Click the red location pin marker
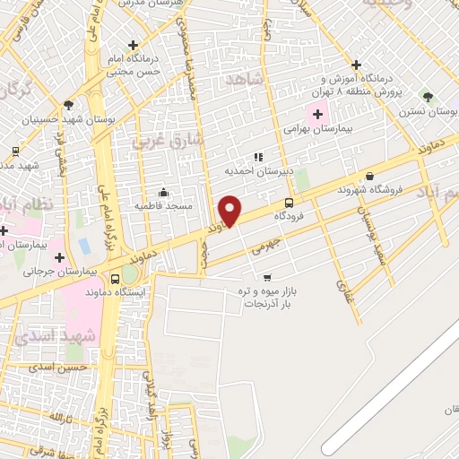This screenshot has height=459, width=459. click(230, 210)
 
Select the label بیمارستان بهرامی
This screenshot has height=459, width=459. click(291, 129)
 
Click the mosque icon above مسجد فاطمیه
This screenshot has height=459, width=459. click(162, 192)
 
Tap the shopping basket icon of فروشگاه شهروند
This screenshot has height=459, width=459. click(369, 177)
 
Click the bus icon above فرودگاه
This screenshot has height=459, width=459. click(288, 203)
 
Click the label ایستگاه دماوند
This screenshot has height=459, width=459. click(117, 292)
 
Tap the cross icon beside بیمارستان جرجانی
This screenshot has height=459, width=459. click(59, 257)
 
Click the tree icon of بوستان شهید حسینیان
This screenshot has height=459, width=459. click(69, 105)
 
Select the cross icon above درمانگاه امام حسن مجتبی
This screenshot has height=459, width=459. click(133, 44)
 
